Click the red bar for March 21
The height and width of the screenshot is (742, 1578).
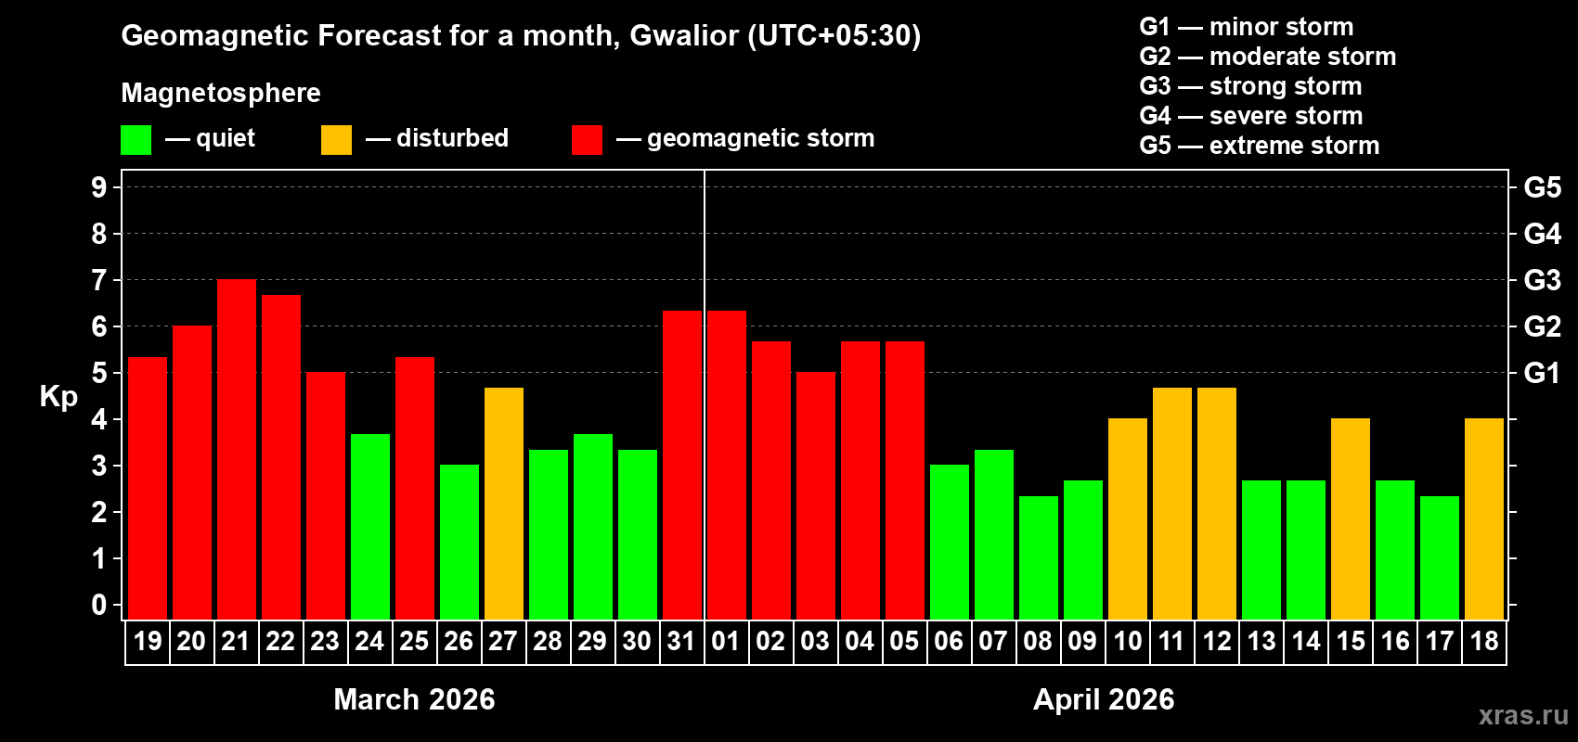[237, 450]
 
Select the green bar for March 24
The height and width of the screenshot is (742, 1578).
[370, 527]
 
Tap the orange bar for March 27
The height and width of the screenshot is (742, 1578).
[504, 504]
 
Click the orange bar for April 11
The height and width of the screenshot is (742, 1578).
[1172, 504]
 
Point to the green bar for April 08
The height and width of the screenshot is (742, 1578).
[1039, 557]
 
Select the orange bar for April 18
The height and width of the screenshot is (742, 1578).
[1484, 519]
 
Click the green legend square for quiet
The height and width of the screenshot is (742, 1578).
[136, 140]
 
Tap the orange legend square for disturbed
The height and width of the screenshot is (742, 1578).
[336, 140]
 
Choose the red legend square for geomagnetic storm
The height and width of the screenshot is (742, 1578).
[587, 140]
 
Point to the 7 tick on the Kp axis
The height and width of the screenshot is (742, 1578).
[99, 280]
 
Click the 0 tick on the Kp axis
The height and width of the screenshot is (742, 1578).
[99, 606]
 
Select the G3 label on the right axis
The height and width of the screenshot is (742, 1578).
[1542, 280]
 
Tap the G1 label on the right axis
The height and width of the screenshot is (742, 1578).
[1542, 373]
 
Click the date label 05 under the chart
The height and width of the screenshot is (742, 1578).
[904, 641]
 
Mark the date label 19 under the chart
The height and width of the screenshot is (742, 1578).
[148, 641]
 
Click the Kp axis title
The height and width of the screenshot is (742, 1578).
[58, 397]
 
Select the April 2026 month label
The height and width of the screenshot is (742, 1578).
[1104, 699]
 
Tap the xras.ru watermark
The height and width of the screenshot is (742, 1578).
[1523, 715]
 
